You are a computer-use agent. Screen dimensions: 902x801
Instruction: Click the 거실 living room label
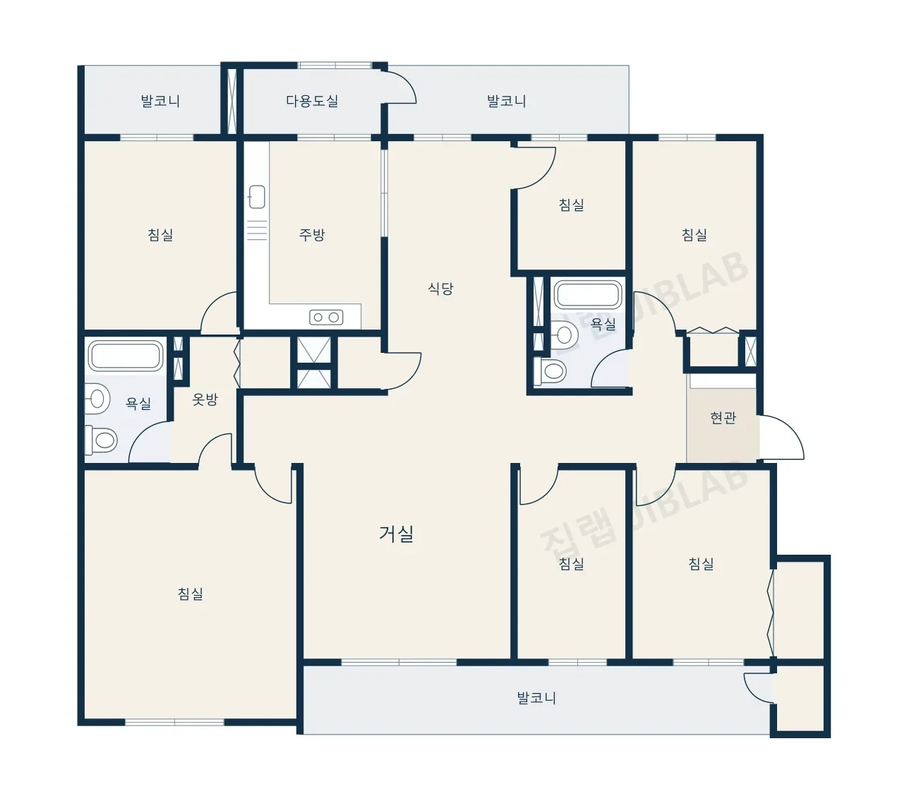(x=396, y=533)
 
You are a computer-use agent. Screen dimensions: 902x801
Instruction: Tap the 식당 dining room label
(x=440, y=289)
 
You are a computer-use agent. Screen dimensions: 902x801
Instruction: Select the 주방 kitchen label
(x=312, y=234)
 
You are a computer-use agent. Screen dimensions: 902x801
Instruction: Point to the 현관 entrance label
(x=723, y=418)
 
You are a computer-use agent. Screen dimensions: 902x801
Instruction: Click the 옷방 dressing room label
(x=205, y=399)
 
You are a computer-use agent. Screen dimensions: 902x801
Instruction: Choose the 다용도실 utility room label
(x=312, y=101)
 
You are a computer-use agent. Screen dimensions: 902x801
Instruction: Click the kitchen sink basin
(x=257, y=197)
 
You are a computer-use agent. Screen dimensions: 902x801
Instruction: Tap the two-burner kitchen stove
(x=326, y=317)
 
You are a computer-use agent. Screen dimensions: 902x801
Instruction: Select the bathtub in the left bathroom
(x=126, y=356)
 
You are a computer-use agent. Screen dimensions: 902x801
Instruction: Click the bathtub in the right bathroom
(x=588, y=295)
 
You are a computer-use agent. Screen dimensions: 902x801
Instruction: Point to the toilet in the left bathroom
(x=101, y=440)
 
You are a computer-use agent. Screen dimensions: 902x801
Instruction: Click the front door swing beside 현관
(x=782, y=437)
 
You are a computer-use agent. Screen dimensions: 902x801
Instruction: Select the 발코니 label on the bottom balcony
(x=536, y=698)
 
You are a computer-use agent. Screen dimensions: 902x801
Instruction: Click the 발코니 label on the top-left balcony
(x=160, y=101)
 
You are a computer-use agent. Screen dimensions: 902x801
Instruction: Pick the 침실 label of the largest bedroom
(x=190, y=594)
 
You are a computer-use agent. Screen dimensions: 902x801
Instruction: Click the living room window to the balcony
(x=399, y=663)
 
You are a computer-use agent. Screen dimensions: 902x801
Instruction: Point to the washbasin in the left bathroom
(x=97, y=399)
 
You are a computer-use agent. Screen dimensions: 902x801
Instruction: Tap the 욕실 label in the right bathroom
(x=603, y=324)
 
